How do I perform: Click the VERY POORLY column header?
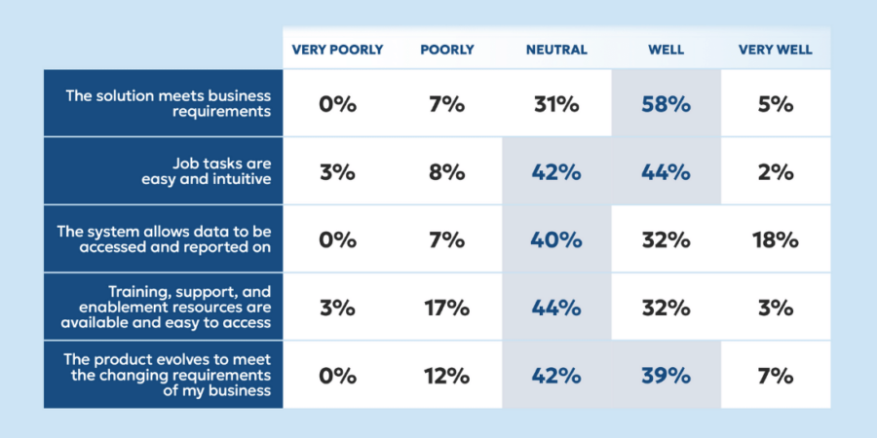click(338, 50)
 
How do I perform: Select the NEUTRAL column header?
click(556, 50)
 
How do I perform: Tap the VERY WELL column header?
click(776, 50)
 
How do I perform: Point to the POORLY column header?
click(447, 50)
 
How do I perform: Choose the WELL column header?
click(667, 50)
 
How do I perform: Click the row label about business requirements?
click(168, 103)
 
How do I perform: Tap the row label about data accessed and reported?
click(168, 239)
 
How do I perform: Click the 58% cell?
click(667, 104)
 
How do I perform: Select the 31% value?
click(556, 104)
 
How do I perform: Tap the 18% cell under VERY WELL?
click(776, 240)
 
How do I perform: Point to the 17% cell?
click(447, 309)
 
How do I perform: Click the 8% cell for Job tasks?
click(447, 172)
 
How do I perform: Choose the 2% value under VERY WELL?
click(776, 172)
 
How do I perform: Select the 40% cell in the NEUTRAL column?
click(556, 240)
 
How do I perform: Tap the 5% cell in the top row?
click(776, 104)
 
